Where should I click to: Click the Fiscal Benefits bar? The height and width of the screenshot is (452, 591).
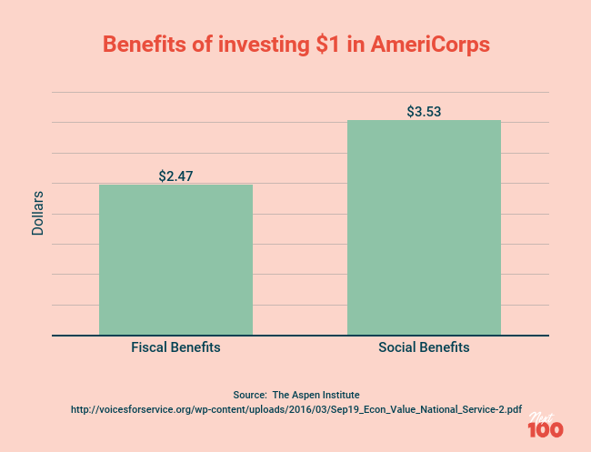click(x=175, y=260)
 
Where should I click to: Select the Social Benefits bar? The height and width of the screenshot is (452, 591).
click(x=424, y=227)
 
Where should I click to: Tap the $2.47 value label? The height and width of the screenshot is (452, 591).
click(x=176, y=176)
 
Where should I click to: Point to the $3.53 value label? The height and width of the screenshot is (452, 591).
click(x=424, y=112)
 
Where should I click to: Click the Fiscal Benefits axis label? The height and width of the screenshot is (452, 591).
click(x=175, y=348)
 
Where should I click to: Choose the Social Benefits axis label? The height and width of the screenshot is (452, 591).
click(x=424, y=348)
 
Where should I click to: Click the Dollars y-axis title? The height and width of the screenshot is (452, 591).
click(x=38, y=213)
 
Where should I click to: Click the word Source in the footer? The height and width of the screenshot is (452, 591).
click(x=248, y=395)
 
